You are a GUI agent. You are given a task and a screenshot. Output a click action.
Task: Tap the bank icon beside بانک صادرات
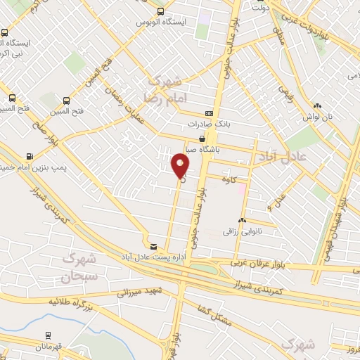coord(209,113)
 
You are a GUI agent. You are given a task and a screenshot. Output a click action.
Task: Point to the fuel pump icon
coord(30,156)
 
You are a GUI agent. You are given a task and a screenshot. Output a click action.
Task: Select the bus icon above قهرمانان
coord(48,335)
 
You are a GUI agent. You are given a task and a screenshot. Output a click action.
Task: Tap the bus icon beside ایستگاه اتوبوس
coord(162,11)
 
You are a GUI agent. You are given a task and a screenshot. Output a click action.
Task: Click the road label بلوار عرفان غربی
coord(257,263)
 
